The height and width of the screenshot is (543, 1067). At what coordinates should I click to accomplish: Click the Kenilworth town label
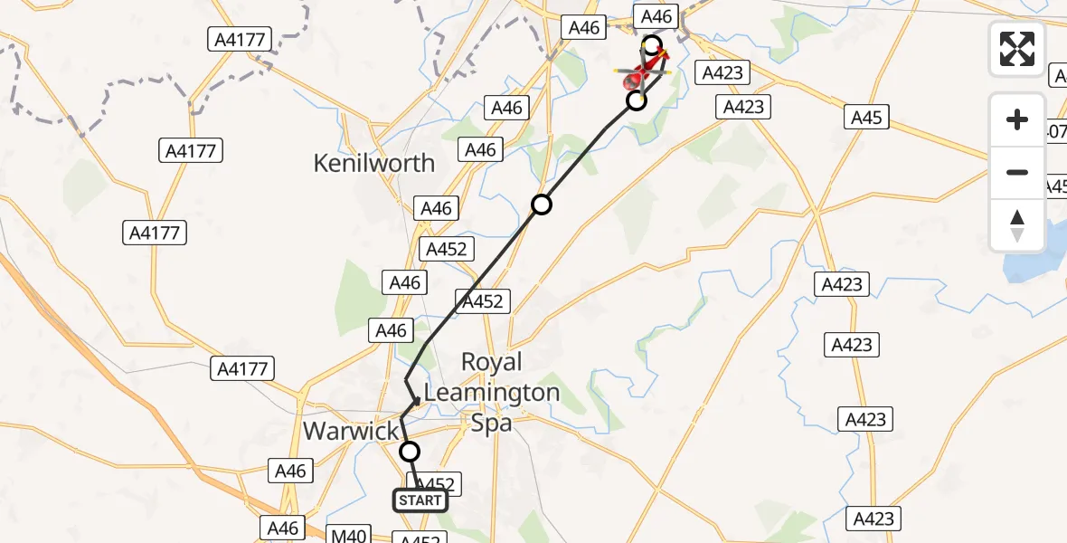point(373,163)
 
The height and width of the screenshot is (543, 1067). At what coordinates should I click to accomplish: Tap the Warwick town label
point(351,430)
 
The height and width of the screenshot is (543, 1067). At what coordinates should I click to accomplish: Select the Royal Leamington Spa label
point(492,392)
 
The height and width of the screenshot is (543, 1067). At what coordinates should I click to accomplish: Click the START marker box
point(420,500)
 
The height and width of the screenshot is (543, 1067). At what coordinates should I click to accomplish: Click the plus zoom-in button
point(1017,119)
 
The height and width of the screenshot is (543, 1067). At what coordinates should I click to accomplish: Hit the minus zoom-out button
point(1017,172)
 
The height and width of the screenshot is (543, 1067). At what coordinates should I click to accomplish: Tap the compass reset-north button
point(1017,225)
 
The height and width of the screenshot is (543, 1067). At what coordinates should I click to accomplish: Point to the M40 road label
point(348,536)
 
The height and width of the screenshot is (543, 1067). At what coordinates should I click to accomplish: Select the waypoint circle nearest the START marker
point(410,452)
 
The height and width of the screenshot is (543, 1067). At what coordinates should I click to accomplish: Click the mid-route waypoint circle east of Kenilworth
point(541,205)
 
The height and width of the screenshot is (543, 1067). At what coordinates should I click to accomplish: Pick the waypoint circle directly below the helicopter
point(637,100)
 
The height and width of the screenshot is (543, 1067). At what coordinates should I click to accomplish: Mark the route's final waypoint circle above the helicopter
point(652,43)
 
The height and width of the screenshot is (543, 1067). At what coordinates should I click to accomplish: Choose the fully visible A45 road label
point(865,117)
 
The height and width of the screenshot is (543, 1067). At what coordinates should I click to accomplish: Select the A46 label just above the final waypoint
point(656,16)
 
